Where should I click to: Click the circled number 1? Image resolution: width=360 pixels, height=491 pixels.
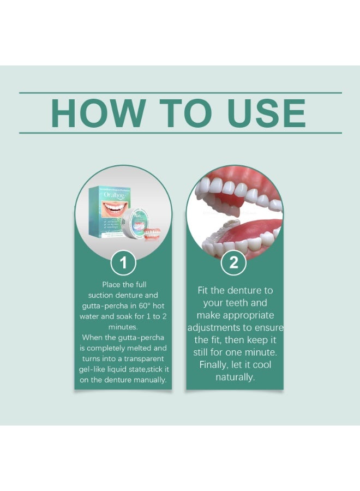pyautogui.click(x=123, y=264)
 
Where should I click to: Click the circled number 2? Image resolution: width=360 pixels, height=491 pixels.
pyautogui.click(x=234, y=264)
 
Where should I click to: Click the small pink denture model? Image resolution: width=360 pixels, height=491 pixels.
pyautogui.click(x=152, y=235)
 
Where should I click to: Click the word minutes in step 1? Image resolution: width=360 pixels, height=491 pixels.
pyautogui.click(x=123, y=327)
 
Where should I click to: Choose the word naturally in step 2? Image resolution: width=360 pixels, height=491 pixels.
pyautogui.click(x=235, y=377)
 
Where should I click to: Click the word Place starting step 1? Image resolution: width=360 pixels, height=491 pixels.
pyautogui.click(x=111, y=284)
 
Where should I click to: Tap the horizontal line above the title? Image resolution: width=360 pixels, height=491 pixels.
pyautogui.click(x=180, y=93)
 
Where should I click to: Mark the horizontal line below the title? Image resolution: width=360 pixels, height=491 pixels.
pyautogui.click(x=180, y=133)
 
